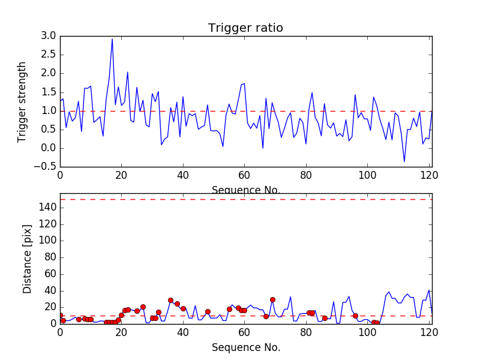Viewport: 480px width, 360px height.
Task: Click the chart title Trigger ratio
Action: tap(245, 28)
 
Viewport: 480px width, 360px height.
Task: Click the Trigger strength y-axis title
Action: tap(22, 101)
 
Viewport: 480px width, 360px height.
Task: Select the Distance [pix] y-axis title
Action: tap(27, 259)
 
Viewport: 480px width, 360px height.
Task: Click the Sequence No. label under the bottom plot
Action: tap(245, 347)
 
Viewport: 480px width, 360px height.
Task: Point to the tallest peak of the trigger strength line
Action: tap(112, 39)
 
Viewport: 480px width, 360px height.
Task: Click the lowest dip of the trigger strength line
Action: tap(404, 161)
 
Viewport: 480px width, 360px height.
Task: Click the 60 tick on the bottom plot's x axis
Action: tap(244, 332)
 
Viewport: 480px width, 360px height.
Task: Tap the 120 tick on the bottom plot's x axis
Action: tap(428, 332)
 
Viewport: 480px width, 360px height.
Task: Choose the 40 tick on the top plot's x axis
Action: tap(183, 175)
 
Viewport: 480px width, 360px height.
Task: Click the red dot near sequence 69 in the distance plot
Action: tap(272, 299)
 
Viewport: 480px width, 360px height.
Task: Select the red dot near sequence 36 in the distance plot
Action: tap(170, 300)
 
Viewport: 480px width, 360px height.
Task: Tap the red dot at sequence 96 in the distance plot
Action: tap(355, 316)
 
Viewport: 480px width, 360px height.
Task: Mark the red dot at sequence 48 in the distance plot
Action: tap(208, 311)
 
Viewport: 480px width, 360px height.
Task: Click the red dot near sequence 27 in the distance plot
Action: tap(143, 307)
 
